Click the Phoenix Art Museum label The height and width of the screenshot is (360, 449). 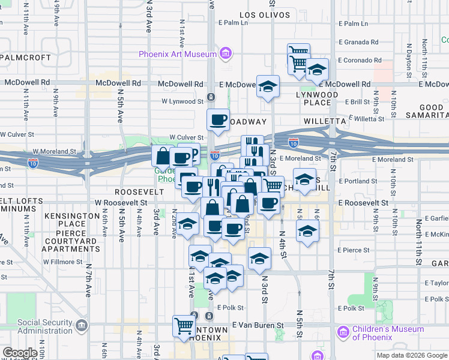pos(177,54)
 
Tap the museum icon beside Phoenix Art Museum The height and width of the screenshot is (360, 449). pos(225,54)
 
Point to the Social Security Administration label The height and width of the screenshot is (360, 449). pos(45,326)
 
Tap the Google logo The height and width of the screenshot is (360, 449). pos(20,353)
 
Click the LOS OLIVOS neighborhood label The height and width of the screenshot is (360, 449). pos(265,14)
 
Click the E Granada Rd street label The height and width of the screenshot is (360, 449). pos(358,43)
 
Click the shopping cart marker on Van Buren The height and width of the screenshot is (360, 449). pos(184,326)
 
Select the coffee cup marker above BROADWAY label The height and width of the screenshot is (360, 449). pos(218,119)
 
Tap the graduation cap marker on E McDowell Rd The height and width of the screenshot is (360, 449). pos(268,85)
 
